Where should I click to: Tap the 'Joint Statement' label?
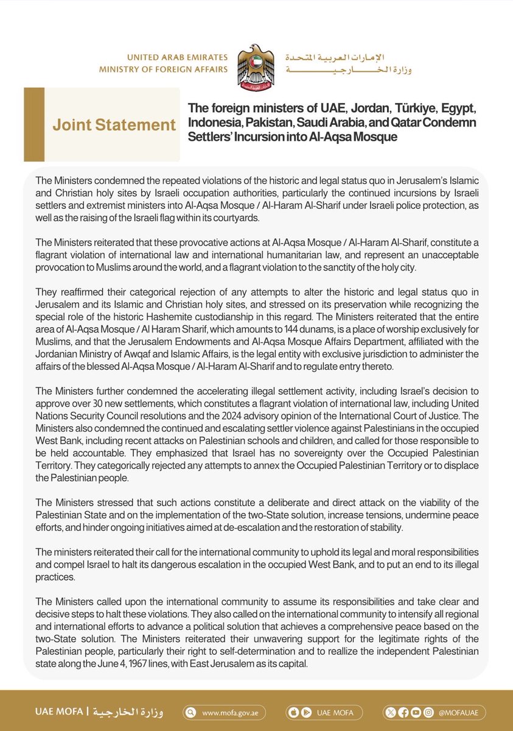(114, 125)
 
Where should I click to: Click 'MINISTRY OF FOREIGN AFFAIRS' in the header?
(163, 69)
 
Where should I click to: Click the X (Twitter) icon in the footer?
(389, 712)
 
